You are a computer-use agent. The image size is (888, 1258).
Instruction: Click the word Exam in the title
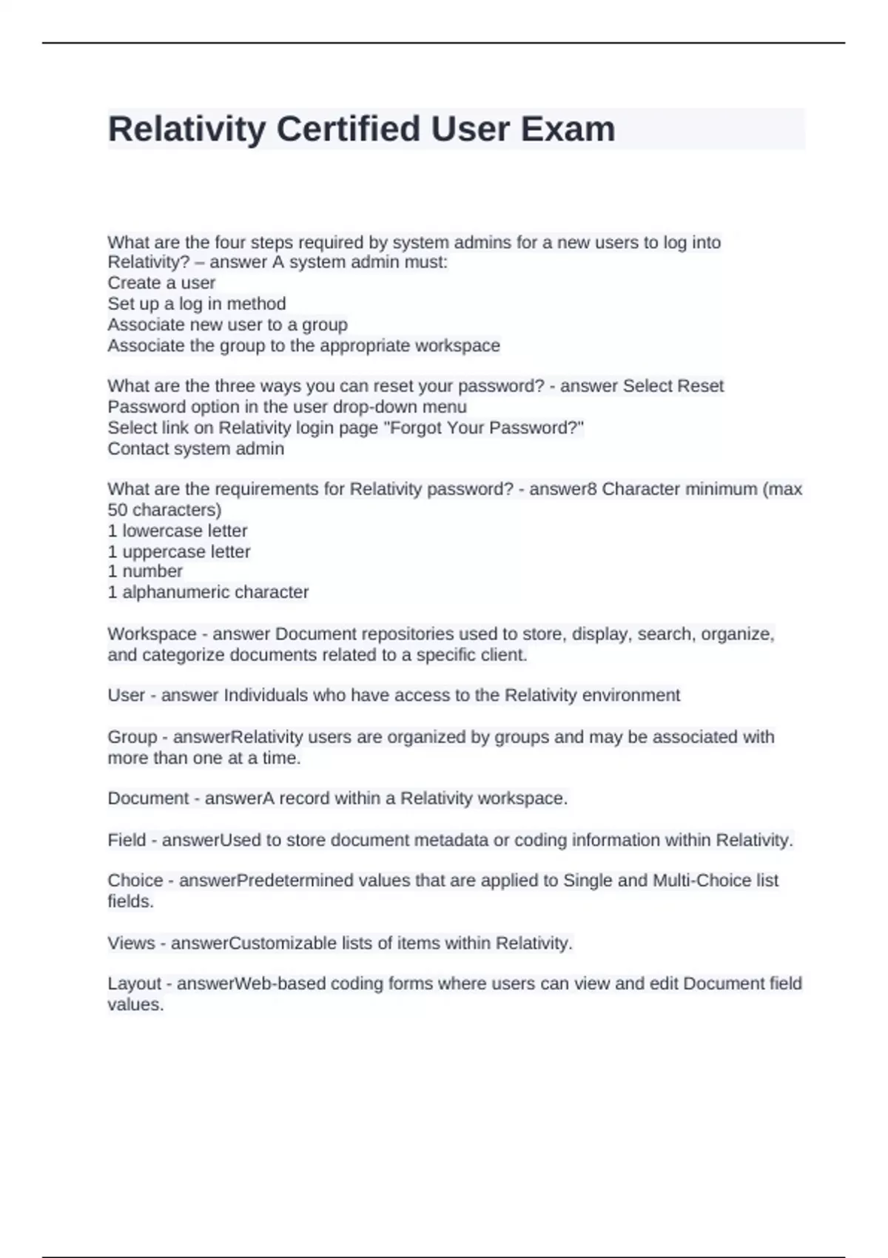[x=568, y=129]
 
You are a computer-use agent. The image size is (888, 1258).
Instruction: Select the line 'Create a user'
[x=161, y=283]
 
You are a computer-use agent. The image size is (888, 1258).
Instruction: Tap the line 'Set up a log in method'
[x=197, y=303]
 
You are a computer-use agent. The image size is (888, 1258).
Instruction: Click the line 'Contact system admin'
[x=195, y=448]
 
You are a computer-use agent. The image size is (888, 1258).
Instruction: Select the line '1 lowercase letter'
[x=178, y=531]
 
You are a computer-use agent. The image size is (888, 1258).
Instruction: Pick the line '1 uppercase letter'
[x=179, y=551]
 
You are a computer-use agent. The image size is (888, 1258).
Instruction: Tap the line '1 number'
[x=145, y=571]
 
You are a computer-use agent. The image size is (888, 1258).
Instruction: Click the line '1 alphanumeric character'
[x=208, y=592]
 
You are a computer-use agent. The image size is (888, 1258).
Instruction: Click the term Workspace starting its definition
[x=152, y=634]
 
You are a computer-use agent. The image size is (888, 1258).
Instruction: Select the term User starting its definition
[x=127, y=696]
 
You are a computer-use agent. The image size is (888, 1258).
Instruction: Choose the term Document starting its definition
[x=148, y=798]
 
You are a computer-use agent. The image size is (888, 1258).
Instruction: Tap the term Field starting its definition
[x=127, y=841]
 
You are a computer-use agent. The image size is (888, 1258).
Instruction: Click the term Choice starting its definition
[x=135, y=881]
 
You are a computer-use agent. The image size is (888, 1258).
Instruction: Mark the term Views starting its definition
[x=129, y=943]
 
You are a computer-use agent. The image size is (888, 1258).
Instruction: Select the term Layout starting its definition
[x=134, y=983]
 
